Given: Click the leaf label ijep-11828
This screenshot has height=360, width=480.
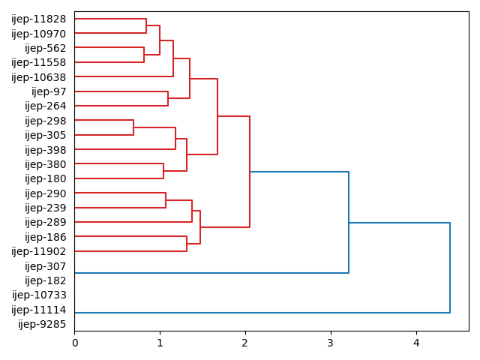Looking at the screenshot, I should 39,19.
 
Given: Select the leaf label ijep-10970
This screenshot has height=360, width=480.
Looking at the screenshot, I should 39,34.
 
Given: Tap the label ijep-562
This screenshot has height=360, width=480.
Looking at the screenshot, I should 46,48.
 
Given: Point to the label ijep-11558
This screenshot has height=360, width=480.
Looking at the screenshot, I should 39,62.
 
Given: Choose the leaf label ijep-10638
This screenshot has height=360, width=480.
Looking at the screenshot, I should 39,77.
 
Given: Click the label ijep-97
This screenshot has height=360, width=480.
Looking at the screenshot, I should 49,91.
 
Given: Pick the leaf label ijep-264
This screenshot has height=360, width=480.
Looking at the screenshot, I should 46,106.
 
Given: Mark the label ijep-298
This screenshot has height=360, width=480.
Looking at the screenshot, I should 46,121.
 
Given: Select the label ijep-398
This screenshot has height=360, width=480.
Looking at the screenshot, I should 46,150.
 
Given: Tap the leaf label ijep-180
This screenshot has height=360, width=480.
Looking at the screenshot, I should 46,178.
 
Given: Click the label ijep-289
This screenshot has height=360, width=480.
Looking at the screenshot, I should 46,222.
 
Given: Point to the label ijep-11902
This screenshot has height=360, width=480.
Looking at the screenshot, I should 39,251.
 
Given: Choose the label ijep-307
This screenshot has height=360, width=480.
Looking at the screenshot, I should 46,266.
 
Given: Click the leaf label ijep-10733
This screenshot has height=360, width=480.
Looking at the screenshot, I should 39,295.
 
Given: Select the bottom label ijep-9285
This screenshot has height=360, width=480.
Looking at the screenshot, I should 42,324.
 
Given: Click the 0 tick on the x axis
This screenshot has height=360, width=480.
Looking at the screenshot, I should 74,343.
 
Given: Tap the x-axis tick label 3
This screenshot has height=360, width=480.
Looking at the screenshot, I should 331,343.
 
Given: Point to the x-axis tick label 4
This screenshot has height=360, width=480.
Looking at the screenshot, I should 416,343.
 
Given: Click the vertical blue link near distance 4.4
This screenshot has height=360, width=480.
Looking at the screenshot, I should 450,268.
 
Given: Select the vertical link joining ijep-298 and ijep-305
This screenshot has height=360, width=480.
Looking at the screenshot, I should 133,127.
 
